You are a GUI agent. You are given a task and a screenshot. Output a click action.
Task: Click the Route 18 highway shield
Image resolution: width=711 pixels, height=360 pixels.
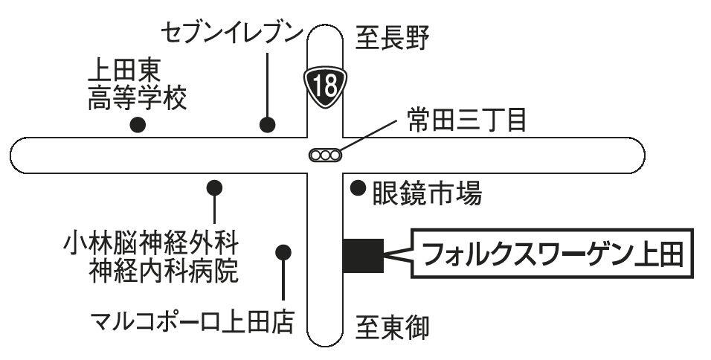(325, 84)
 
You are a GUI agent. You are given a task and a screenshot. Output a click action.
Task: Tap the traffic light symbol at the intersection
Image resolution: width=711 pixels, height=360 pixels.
(325, 155)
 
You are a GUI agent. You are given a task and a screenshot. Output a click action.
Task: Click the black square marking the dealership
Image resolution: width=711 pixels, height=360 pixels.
(363, 255)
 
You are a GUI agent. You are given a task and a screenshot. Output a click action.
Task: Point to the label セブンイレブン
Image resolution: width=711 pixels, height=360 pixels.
(233, 33)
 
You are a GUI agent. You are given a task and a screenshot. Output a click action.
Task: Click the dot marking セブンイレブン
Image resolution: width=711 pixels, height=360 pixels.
(266, 124)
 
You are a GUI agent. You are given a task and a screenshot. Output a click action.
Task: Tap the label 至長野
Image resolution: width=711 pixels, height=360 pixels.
(392, 37)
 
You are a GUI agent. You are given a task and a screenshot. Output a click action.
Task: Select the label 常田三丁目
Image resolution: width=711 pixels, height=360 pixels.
(468, 120)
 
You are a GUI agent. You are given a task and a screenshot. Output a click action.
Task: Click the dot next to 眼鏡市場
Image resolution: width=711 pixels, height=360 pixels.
(358, 187)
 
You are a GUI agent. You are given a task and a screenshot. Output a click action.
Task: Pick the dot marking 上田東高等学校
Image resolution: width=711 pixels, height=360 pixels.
(137, 125)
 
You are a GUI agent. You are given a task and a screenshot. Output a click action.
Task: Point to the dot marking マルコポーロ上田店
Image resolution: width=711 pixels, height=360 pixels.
(283, 251)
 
